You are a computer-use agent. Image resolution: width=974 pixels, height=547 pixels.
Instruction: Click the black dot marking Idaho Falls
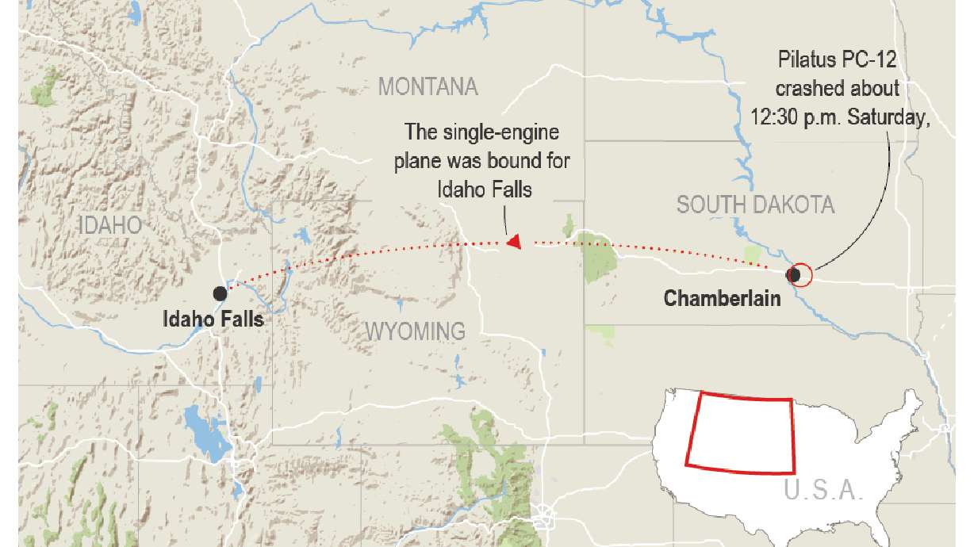point(220,293)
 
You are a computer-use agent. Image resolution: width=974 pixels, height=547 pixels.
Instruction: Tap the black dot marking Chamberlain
point(792,274)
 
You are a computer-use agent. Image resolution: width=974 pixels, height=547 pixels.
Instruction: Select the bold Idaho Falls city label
point(213,319)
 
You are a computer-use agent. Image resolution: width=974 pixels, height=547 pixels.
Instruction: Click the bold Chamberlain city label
point(722,299)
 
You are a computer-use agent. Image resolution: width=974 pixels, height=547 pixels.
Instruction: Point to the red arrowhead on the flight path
point(514,242)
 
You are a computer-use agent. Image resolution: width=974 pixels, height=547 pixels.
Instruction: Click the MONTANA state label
point(428,86)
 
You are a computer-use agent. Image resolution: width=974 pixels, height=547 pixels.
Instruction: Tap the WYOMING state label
point(415,331)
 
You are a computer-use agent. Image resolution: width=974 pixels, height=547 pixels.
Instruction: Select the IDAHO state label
point(110,224)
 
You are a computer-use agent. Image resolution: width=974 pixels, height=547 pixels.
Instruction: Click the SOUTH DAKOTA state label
point(755,205)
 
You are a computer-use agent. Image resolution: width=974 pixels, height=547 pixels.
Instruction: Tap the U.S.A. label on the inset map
point(823,490)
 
